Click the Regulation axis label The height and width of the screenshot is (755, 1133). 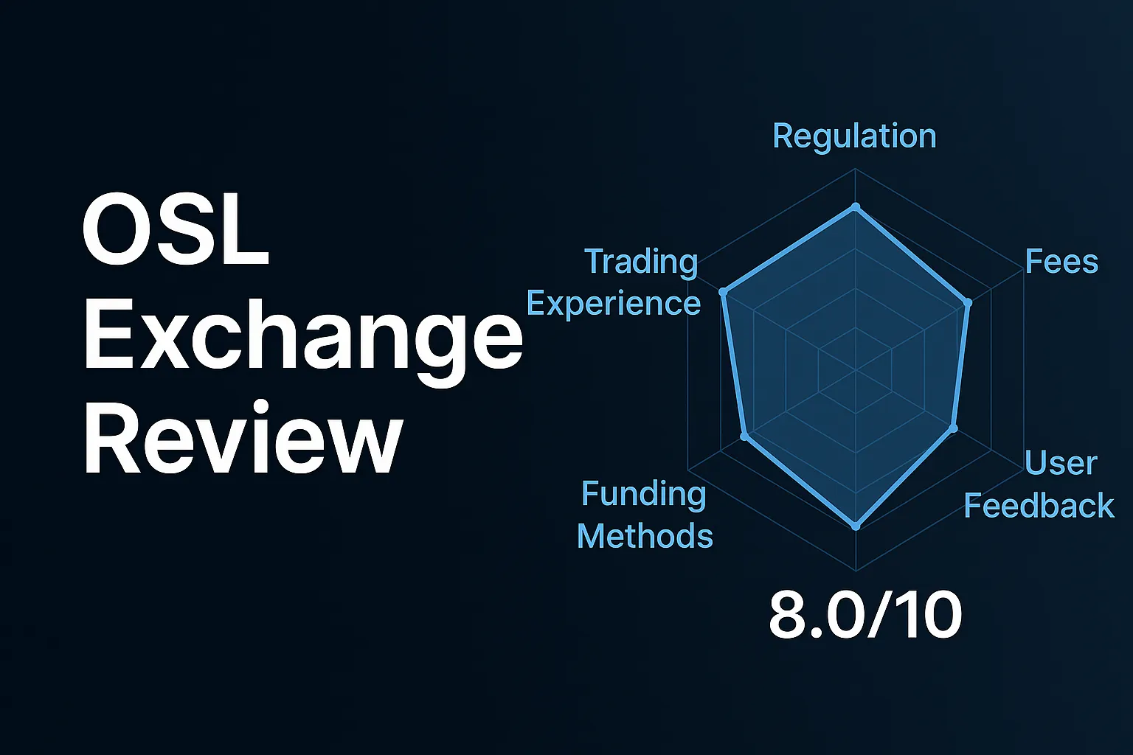(854, 136)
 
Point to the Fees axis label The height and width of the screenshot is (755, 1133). (1061, 262)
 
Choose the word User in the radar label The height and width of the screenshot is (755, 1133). (1061, 463)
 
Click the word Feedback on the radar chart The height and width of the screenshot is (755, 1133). (1039, 506)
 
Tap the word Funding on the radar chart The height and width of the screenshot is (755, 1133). (643, 494)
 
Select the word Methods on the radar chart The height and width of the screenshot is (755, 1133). (645, 536)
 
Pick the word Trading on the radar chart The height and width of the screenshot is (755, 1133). (640, 262)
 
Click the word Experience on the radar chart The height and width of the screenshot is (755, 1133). (614, 304)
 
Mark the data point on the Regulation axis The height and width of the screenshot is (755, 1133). (856, 207)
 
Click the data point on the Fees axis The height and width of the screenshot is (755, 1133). (969, 302)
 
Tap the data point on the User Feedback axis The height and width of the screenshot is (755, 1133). (953, 428)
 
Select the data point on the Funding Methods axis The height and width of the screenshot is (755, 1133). (744, 437)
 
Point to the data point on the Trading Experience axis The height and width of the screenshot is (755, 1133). (724, 293)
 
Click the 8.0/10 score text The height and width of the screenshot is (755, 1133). (865, 616)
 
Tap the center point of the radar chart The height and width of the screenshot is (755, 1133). (856, 369)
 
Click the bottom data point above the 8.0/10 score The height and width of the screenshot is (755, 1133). (856, 526)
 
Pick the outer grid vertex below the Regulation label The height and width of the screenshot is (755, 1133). (856, 169)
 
